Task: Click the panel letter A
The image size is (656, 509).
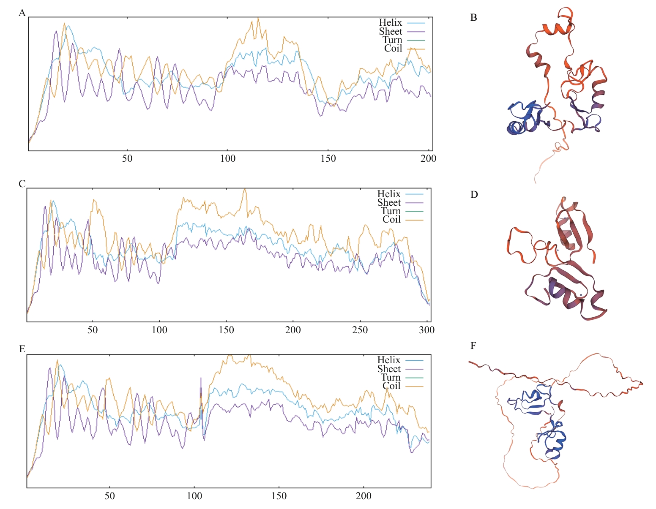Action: pos(22,13)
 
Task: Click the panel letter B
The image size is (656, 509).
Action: pos(473,18)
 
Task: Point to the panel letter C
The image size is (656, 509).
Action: pos(22,184)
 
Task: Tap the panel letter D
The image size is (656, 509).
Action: pos(474,195)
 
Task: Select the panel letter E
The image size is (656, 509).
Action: pos(22,349)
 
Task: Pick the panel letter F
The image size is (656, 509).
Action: pos(473,346)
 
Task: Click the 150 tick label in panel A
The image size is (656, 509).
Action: pos(328,159)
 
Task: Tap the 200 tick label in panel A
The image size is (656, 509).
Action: pos(429,159)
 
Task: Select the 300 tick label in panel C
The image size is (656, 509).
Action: pos(426,330)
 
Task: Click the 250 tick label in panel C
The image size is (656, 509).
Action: pos(360,330)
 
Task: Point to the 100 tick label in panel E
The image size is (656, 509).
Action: pos(194,496)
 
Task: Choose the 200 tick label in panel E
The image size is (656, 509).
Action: pos(364,496)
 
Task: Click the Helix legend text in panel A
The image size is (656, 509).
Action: pos(390,23)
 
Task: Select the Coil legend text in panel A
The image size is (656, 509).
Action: pos(393,49)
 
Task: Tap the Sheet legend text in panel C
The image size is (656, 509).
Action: pos(389,203)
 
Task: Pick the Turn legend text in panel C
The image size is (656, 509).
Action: pos(391,211)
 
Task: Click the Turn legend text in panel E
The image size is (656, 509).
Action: pos(391,377)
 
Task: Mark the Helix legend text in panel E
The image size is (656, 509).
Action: pos(389,360)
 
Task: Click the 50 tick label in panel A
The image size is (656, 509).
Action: pos(127,159)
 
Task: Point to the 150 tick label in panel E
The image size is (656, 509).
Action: pos(279,496)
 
